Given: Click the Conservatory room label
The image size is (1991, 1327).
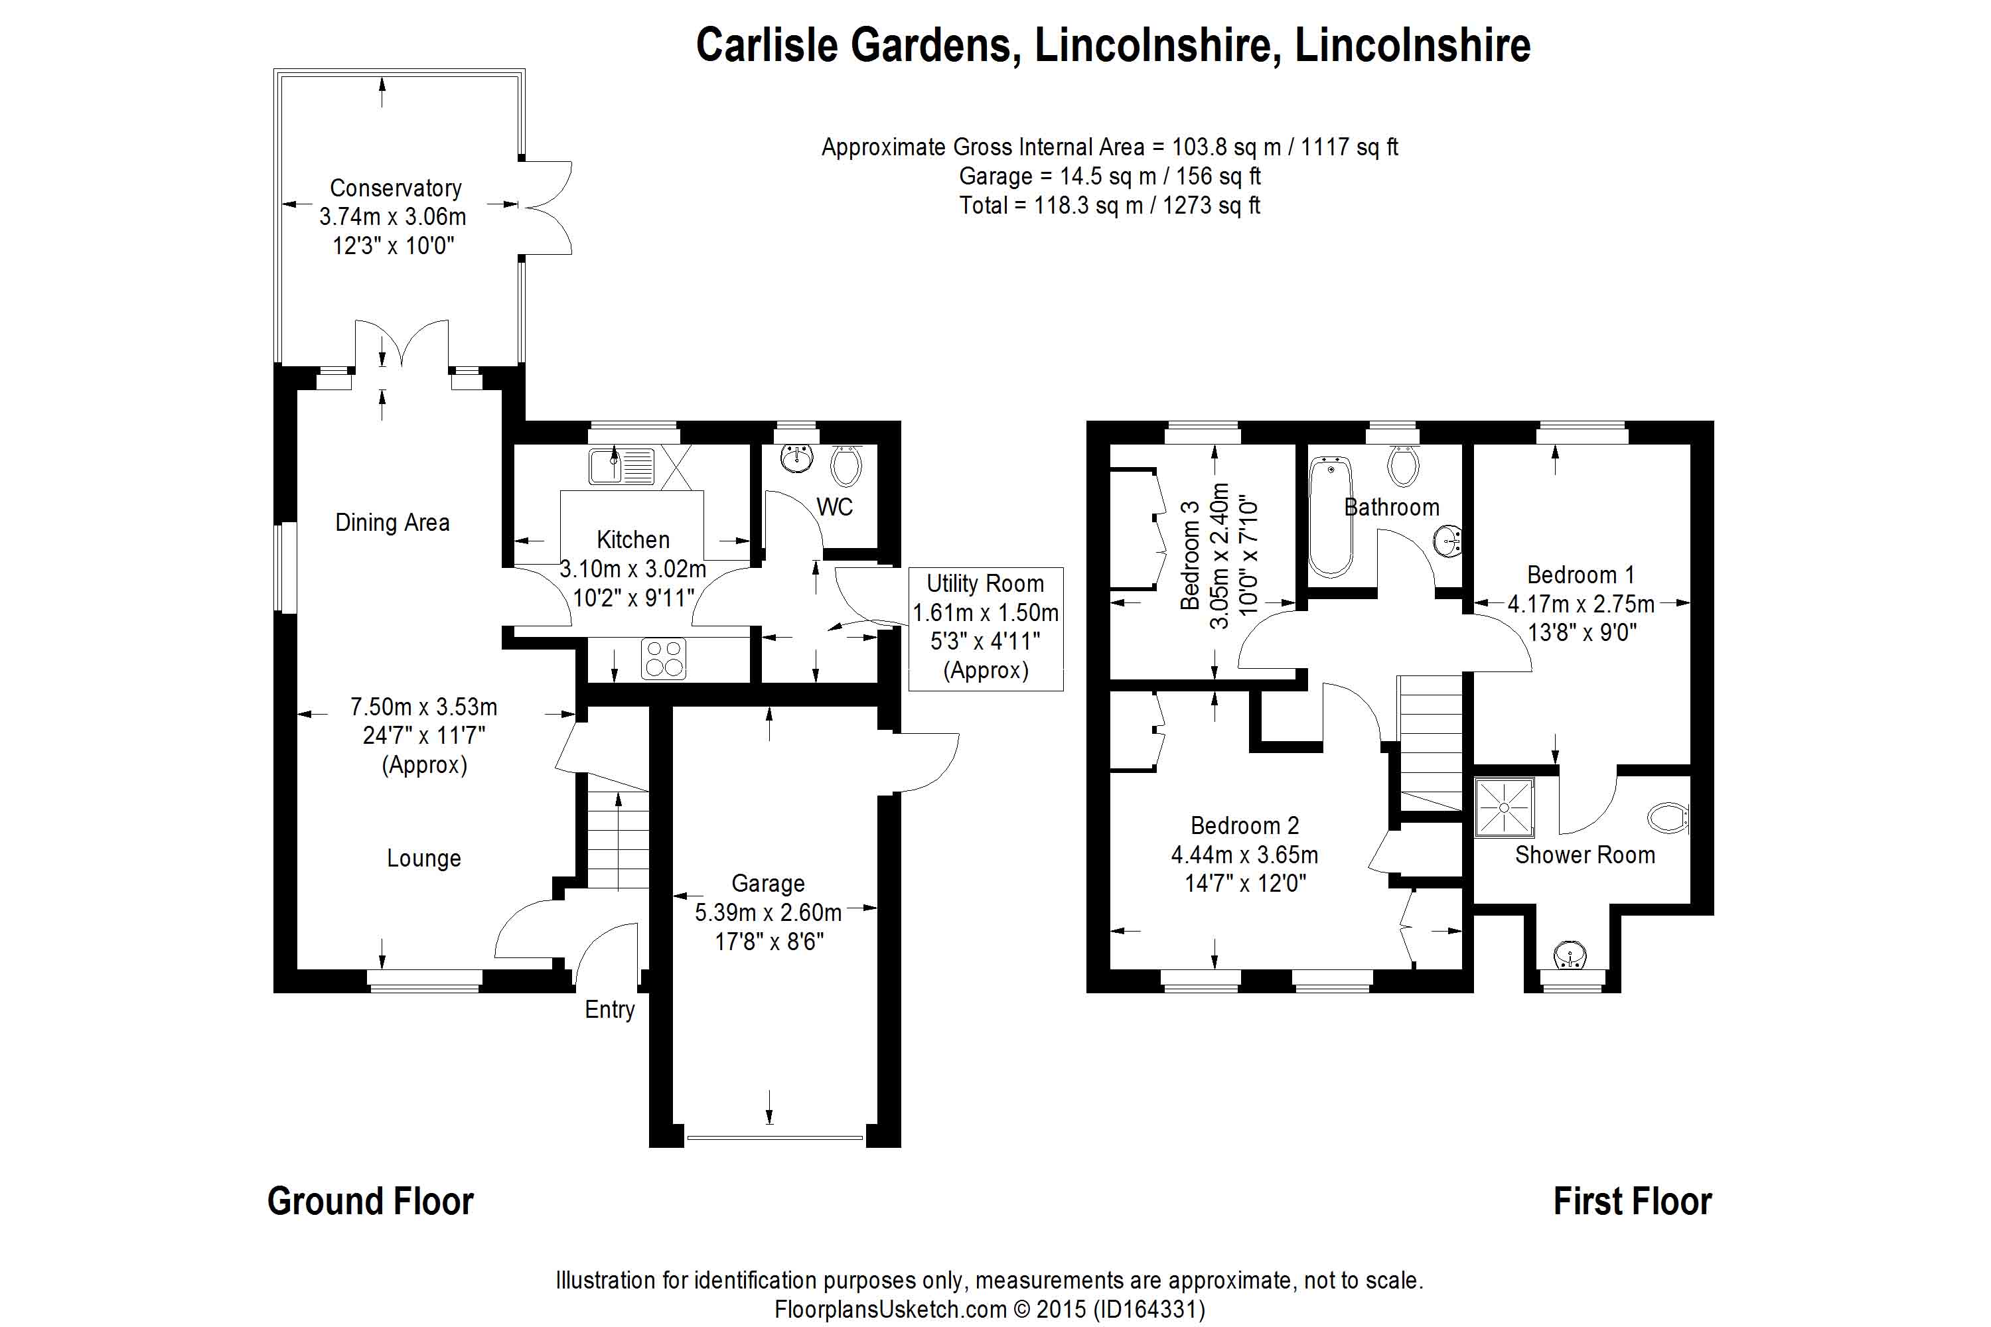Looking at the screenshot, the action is click(x=396, y=188).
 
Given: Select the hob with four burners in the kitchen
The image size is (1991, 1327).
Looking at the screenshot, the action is click(x=664, y=658).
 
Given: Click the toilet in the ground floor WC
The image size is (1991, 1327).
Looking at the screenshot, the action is click(x=846, y=464).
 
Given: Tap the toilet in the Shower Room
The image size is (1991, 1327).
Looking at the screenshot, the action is click(x=1668, y=817).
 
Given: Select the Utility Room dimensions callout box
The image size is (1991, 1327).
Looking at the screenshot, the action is click(x=986, y=627).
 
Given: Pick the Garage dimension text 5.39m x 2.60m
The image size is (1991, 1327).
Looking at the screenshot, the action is click(x=768, y=912).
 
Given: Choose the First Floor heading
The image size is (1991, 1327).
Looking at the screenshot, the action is click(x=1631, y=1202).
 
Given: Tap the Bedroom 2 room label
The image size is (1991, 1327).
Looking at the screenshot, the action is click(x=1244, y=825).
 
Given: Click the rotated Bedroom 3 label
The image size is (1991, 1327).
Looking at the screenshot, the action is click(x=1190, y=554).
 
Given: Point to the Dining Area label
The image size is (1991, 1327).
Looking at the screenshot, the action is click(x=392, y=522).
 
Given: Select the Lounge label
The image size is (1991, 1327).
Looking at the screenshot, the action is click(x=423, y=858).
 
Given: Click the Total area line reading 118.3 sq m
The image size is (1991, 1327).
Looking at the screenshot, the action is click(x=1109, y=206).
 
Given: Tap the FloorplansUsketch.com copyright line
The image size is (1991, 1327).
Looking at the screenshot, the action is click(x=990, y=1309).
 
